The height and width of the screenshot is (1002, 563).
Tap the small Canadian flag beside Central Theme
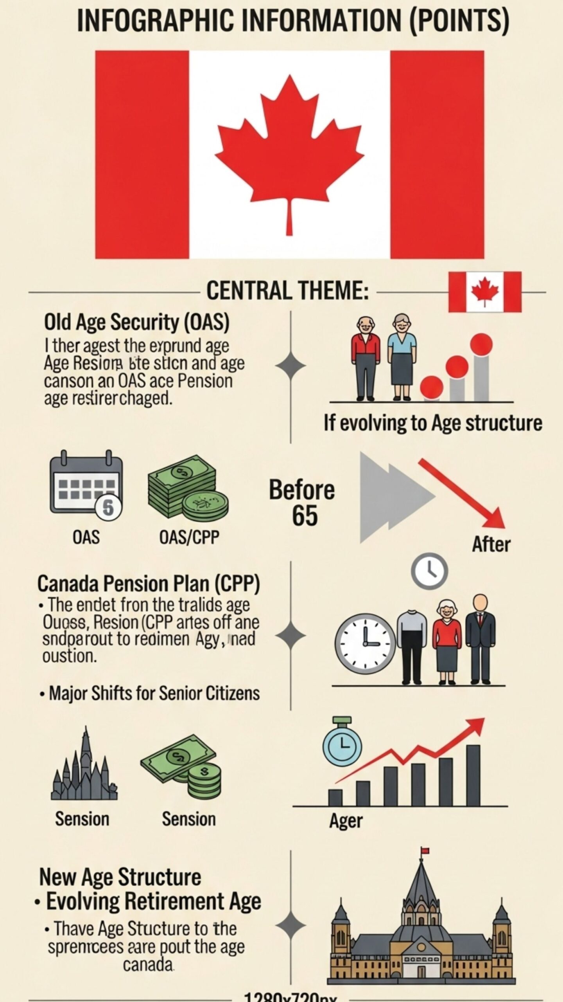pos(485,292)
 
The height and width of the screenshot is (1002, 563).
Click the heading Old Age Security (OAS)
pos(136,323)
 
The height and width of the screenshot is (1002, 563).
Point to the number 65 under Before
pos(305,515)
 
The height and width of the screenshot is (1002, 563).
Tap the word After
pos(491,544)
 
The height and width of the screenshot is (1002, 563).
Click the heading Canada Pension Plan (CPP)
pos(149,584)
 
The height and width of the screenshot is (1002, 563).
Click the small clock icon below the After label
pos(429,572)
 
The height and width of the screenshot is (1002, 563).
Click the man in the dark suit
pos(481,638)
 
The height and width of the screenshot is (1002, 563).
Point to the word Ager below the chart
pos(346,821)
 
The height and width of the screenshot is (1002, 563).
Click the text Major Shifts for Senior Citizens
pos(154,694)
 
